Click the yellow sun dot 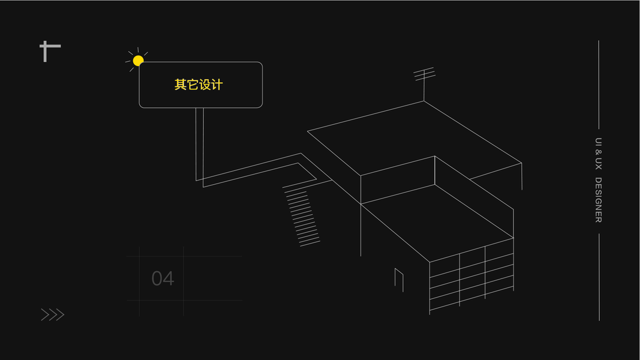(138, 61)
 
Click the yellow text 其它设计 (199, 85)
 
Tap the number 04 (163, 278)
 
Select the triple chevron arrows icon (52, 314)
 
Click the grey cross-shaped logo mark (49, 51)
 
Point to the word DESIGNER (598, 200)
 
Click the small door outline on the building (399, 279)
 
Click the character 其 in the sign (181, 85)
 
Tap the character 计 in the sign (217, 85)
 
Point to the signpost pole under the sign (200, 144)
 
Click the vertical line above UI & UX (598, 84)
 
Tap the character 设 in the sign (205, 85)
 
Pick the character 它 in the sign (193, 85)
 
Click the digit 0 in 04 (157, 278)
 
